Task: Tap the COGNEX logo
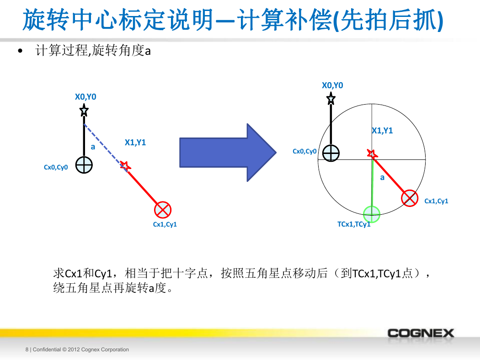421,333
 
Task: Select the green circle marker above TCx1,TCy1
372,214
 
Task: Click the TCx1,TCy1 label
354,224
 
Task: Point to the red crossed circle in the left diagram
163,210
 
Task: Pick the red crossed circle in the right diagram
410,198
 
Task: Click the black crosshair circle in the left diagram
84,165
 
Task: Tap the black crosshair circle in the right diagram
331,153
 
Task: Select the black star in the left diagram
84,110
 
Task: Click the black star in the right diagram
331,99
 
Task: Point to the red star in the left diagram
125,166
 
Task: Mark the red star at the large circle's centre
372,154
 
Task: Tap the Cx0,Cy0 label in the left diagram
56,167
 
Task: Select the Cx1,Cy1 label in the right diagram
436,201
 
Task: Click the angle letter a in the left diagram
93,147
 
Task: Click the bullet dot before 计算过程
20,51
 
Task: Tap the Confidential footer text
77,349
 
